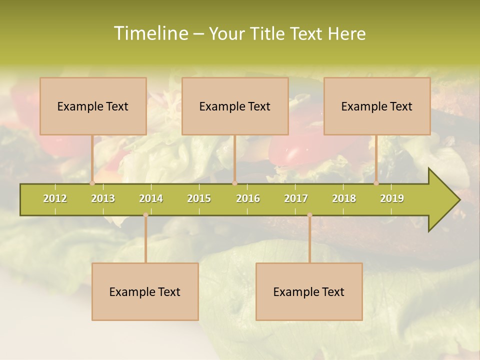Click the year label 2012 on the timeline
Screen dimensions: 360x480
[x=55, y=199]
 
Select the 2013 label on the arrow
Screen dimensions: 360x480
[x=103, y=199]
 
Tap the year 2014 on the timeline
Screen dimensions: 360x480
[x=151, y=199]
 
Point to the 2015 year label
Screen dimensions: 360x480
[x=199, y=199]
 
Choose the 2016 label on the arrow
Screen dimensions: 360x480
[x=248, y=199]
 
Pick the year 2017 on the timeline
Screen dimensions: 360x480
[x=296, y=199]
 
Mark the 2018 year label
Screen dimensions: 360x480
[x=344, y=199]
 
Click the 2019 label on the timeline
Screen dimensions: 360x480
[x=392, y=199]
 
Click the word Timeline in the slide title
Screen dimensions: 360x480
[x=150, y=33]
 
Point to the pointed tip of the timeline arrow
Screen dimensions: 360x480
[x=458, y=200]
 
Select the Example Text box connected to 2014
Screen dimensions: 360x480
[x=145, y=292]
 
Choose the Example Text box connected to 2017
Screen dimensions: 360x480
[x=309, y=292]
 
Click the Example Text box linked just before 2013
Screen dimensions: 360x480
[x=93, y=106]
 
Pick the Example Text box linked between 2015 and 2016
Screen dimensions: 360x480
[x=235, y=106]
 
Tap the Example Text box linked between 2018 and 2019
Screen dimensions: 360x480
[x=377, y=106]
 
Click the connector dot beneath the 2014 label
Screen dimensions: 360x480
[x=145, y=215]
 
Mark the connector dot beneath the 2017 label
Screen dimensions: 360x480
[x=309, y=215]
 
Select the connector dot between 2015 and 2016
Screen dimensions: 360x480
[x=234, y=183]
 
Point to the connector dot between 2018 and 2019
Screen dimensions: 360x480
[x=376, y=183]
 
